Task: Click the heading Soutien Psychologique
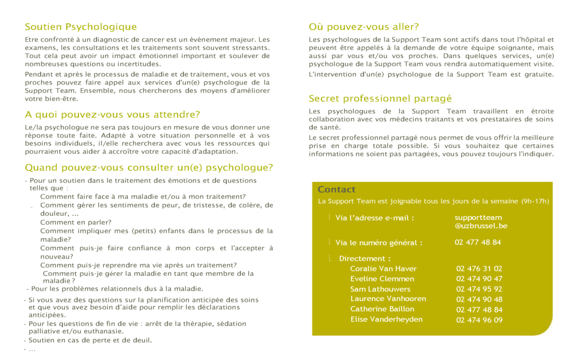tap(81, 27)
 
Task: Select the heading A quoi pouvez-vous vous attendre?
tap(112, 115)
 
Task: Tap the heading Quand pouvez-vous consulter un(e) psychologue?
tap(149, 168)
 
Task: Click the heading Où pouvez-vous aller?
tap(364, 27)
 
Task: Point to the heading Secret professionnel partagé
tap(380, 99)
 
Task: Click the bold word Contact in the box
tap(336, 190)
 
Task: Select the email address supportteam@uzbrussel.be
tap(481, 221)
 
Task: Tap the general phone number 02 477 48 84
tap(478, 242)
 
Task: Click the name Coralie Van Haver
tap(383, 268)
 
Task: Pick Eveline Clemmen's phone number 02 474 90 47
tap(479, 279)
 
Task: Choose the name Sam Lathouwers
tap(380, 289)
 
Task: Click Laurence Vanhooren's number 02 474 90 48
tap(479, 299)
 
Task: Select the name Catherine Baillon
tap(382, 309)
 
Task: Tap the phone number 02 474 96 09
tap(479, 320)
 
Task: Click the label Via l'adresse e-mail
tap(375, 218)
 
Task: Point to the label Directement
tap(365, 259)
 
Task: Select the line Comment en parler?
tap(76, 222)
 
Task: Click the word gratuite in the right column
tap(539, 75)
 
